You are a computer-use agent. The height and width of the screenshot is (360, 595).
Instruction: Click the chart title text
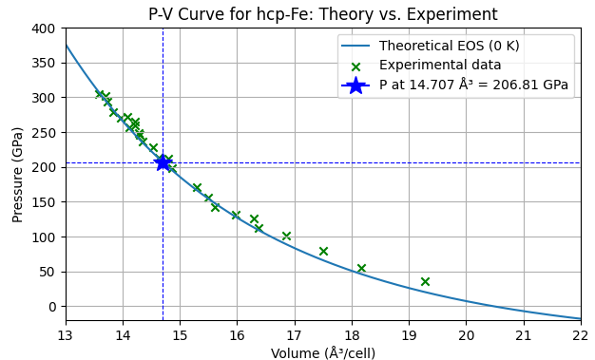tap(322, 14)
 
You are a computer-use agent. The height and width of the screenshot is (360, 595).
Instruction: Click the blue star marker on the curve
tap(163, 162)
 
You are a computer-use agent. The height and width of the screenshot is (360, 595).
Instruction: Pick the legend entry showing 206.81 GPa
tap(473, 85)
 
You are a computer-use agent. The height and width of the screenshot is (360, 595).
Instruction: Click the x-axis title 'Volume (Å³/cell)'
tap(322, 353)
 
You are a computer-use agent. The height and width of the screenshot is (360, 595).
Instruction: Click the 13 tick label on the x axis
tap(66, 334)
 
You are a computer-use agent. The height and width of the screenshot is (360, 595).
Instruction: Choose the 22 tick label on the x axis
tap(580, 334)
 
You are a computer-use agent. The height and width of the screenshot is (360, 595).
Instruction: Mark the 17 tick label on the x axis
tap(294, 334)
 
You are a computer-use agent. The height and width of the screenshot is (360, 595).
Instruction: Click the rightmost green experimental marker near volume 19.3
tap(425, 281)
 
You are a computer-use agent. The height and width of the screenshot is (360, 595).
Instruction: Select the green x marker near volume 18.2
tap(361, 268)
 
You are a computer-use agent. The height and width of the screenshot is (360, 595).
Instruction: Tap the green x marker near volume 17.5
tap(323, 251)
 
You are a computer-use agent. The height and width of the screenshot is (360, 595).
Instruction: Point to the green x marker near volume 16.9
tap(286, 236)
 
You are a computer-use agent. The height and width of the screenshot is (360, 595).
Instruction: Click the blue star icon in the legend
tap(355, 85)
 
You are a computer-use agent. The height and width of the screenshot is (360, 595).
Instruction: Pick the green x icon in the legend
tap(355, 66)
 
